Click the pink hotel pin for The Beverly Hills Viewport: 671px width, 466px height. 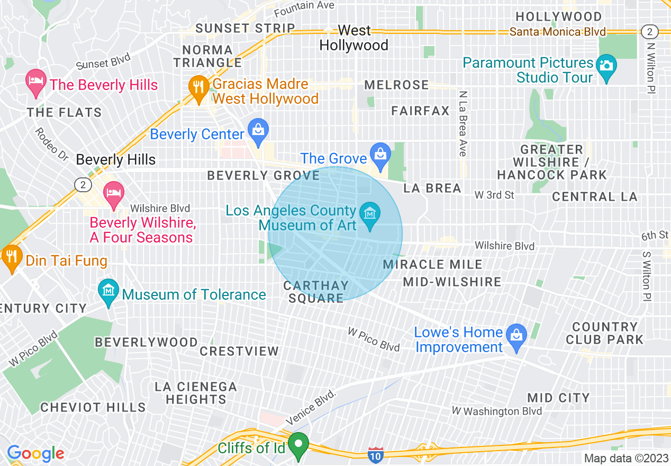click(36, 83)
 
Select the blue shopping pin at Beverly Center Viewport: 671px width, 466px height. click(258, 132)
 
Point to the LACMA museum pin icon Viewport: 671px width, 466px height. click(370, 216)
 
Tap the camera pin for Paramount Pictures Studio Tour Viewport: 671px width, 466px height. click(606, 67)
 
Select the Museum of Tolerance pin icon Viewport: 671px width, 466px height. click(109, 292)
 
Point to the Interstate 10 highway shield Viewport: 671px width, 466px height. click(375, 454)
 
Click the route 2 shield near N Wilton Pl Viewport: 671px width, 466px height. click(649, 31)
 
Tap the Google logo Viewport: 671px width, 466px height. click(35, 453)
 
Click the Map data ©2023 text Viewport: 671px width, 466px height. click(625, 458)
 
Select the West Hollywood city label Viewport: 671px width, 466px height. click(354, 38)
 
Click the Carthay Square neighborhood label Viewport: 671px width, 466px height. click(316, 292)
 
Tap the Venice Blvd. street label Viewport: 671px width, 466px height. click(312, 407)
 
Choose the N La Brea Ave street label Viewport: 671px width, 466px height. click(463, 123)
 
